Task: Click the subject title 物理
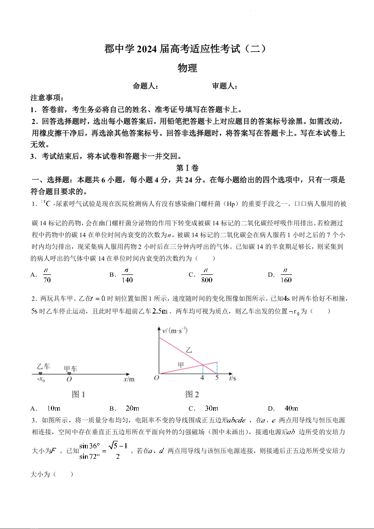pos(187,68)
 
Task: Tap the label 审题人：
pos(224,86)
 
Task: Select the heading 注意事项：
pos(47,98)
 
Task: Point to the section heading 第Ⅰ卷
pos(187,168)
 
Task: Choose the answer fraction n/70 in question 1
pos(47,275)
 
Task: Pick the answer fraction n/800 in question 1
pos(207,275)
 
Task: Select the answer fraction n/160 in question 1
pos(286,275)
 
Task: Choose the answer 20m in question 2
pos(132,408)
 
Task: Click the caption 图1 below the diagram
pos(79,395)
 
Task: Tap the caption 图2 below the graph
pos(192,395)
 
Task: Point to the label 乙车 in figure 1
pos(43,366)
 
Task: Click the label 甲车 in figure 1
pos(71,368)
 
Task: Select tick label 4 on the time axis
pos(202,378)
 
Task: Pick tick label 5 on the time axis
pos(217,378)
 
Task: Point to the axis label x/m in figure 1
pos(129,379)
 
